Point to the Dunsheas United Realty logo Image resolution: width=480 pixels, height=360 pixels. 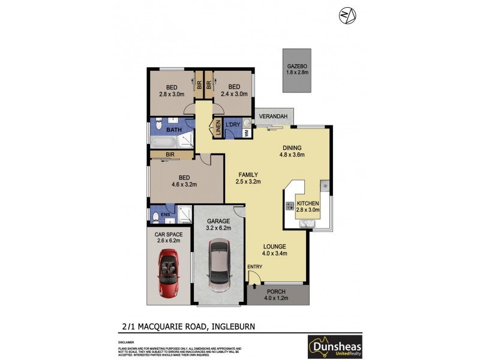[x=335, y=346]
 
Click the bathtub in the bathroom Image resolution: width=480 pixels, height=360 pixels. [x=163, y=143]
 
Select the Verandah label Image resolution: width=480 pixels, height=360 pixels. [x=272, y=116]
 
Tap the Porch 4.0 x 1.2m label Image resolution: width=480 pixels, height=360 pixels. [x=277, y=295]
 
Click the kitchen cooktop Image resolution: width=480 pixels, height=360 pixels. [x=289, y=206]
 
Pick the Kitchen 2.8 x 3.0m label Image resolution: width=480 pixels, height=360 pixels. [x=308, y=206]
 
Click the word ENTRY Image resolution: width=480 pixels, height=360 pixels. [x=254, y=266]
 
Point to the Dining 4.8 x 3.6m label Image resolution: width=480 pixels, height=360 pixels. [x=292, y=151]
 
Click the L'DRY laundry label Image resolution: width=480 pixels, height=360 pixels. [x=233, y=124]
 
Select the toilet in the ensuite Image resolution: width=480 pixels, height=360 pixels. [x=155, y=217]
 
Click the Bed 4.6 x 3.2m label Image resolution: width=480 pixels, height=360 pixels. [x=184, y=181]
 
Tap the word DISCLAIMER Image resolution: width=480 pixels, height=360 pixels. [x=127, y=341]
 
